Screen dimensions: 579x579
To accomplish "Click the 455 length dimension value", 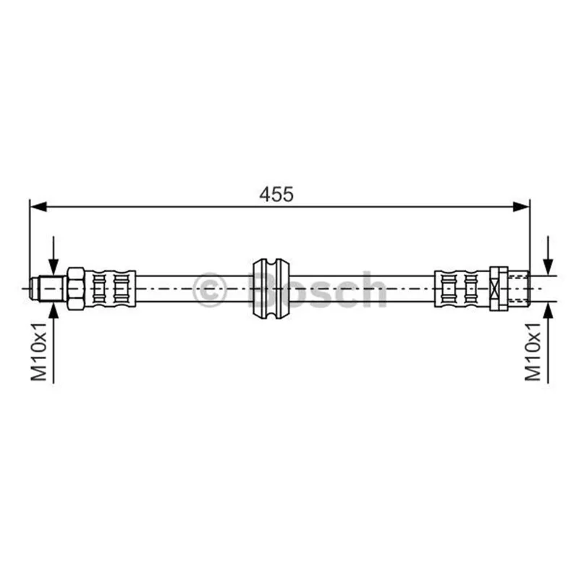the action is (x=276, y=194).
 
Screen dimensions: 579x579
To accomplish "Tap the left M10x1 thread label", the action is (x=39, y=352).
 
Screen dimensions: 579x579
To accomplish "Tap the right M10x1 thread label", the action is (x=533, y=352).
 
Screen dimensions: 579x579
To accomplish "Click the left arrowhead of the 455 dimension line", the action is (x=38, y=207).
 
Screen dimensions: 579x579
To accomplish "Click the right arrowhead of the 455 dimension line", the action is (x=521, y=207).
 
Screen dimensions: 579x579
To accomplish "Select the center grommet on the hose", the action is (x=271, y=288).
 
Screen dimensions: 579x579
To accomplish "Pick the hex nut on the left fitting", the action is (x=76, y=288).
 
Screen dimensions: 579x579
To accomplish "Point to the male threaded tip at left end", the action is (x=48, y=288).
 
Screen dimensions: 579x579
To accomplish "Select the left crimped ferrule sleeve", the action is (x=111, y=288).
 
